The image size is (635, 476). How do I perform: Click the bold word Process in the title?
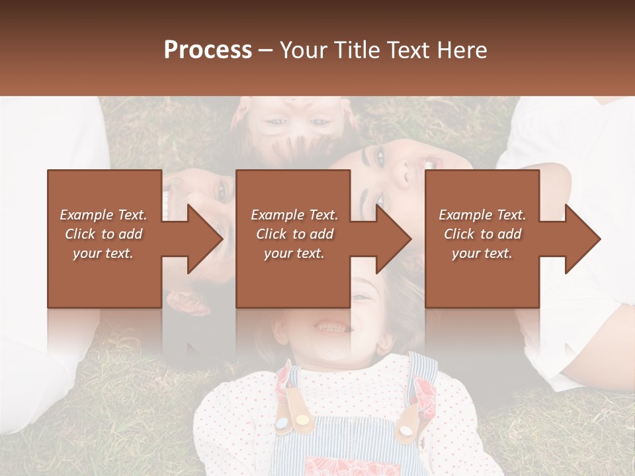(208, 50)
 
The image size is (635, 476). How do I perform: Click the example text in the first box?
(104, 234)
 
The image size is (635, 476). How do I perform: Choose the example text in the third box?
(482, 234)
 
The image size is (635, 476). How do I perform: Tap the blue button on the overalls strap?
(282, 423)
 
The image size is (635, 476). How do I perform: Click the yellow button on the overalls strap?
(302, 419)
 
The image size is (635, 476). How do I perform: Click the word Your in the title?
(302, 50)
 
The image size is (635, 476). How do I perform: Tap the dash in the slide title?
(266, 51)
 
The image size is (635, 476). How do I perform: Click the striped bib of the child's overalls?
(351, 450)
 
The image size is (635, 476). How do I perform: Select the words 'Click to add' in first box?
(104, 234)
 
